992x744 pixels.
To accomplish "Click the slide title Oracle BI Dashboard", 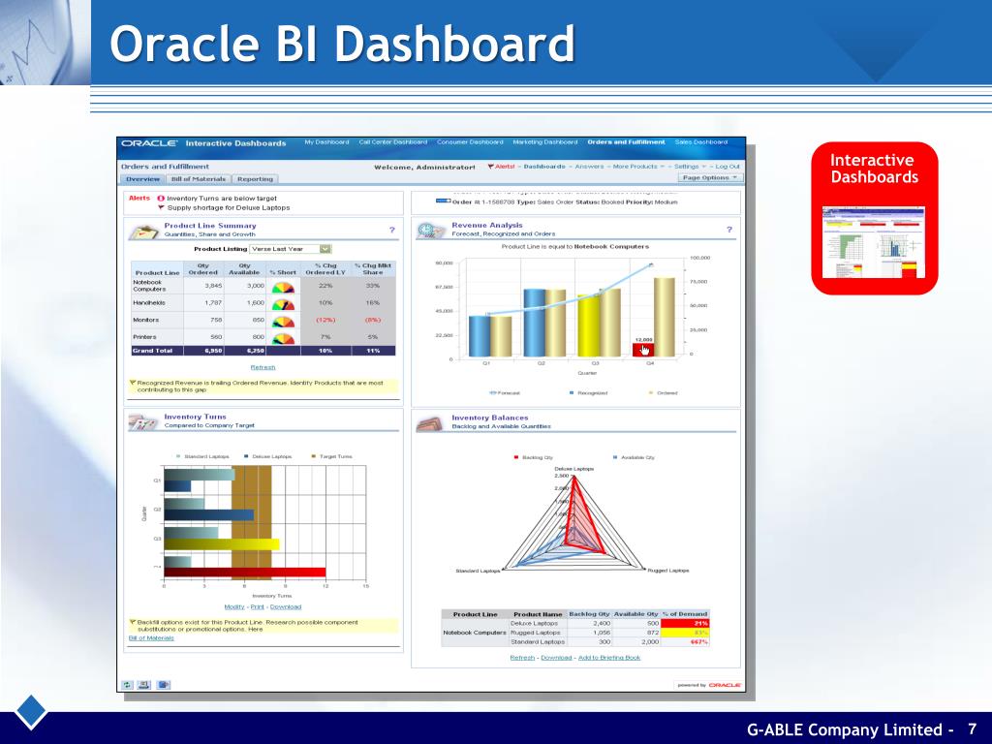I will pyautogui.click(x=341, y=45).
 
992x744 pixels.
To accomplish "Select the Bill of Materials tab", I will pyautogui.click(x=199, y=179).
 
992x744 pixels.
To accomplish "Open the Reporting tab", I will pyautogui.click(x=255, y=179).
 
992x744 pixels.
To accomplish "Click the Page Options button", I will pyautogui.click(x=710, y=178).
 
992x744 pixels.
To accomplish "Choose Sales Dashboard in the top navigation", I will pyautogui.click(x=700, y=142).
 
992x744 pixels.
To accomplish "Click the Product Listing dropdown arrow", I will pyautogui.click(x=325, y=249).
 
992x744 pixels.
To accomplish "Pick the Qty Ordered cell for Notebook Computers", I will pyautogui.click(x=206, y=286).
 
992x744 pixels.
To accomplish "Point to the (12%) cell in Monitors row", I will pyautogui.click(x=325, y=320).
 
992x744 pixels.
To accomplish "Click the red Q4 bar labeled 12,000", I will pyautogui.click(x=643, y=349).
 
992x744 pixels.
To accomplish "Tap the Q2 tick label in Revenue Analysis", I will pyautogui.click(x=542, y=363).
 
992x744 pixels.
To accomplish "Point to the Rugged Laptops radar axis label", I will pyautogui.click(x=668, y=571).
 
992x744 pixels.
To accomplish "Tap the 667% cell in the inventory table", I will pyautogui.click(x=697, y=641).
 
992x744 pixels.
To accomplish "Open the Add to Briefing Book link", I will pyautogui.click(x=608, y=658).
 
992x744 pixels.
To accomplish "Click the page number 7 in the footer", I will pyautogui.click(x=972, y=728).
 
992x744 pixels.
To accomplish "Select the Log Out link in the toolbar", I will pyautogui.click(x=728, y=167).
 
